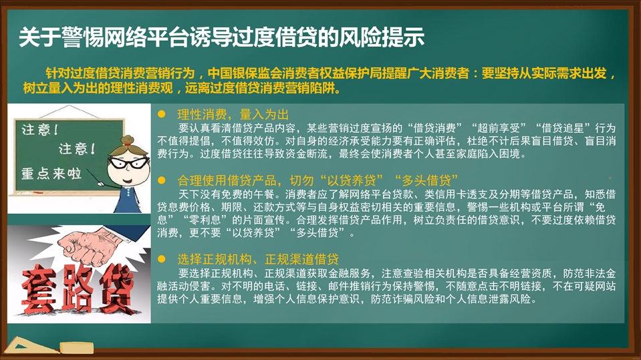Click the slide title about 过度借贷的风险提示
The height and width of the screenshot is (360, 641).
click(x=221, y=37)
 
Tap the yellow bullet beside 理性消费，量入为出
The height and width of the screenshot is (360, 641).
click(x=162, y=114)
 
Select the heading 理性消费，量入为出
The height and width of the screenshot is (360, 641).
click(x=233, y=114)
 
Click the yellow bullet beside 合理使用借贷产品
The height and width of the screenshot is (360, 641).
click(x=162, y=180)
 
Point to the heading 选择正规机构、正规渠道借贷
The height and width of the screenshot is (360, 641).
click(x=258, y=259)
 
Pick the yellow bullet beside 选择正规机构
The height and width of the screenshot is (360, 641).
click(x=162, y=259)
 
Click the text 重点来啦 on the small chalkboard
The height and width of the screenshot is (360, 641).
click(x=51, y=174)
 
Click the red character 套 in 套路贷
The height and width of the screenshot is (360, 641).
click(x=39, y=289)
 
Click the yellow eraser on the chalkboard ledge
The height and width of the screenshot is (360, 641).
click(x=77, y=348)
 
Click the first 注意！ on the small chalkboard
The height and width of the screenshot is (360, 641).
click(x=40, y=130)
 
